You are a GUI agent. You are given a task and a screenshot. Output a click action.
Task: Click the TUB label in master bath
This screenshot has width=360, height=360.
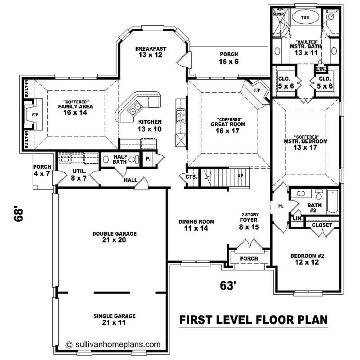(x=305, y=18)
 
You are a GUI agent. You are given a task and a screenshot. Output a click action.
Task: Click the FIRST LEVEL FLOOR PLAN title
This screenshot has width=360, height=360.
(x=253, y=320)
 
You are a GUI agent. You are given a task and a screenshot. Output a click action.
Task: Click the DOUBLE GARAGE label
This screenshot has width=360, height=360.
(x=114, y=237)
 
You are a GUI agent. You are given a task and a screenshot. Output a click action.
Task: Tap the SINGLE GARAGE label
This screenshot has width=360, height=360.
(x=114, y=319)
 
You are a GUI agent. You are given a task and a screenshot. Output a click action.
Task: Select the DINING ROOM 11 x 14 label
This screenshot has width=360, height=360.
(x=196, y=225)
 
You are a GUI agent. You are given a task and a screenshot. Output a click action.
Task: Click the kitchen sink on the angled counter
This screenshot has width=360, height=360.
(x=135, y=108)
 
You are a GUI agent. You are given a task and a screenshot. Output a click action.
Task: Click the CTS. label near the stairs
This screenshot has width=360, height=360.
(x=191, y=177)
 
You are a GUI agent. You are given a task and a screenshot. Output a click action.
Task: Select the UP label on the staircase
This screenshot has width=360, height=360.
(x=241, y=175)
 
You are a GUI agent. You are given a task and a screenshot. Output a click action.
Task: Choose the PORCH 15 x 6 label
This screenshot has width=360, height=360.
(x=229, y=58)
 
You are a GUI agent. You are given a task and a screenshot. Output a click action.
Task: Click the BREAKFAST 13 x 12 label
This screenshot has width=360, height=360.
(x=151, y=51)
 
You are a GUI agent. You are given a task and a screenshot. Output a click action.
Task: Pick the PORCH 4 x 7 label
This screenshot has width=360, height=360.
(x=42, y=170)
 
